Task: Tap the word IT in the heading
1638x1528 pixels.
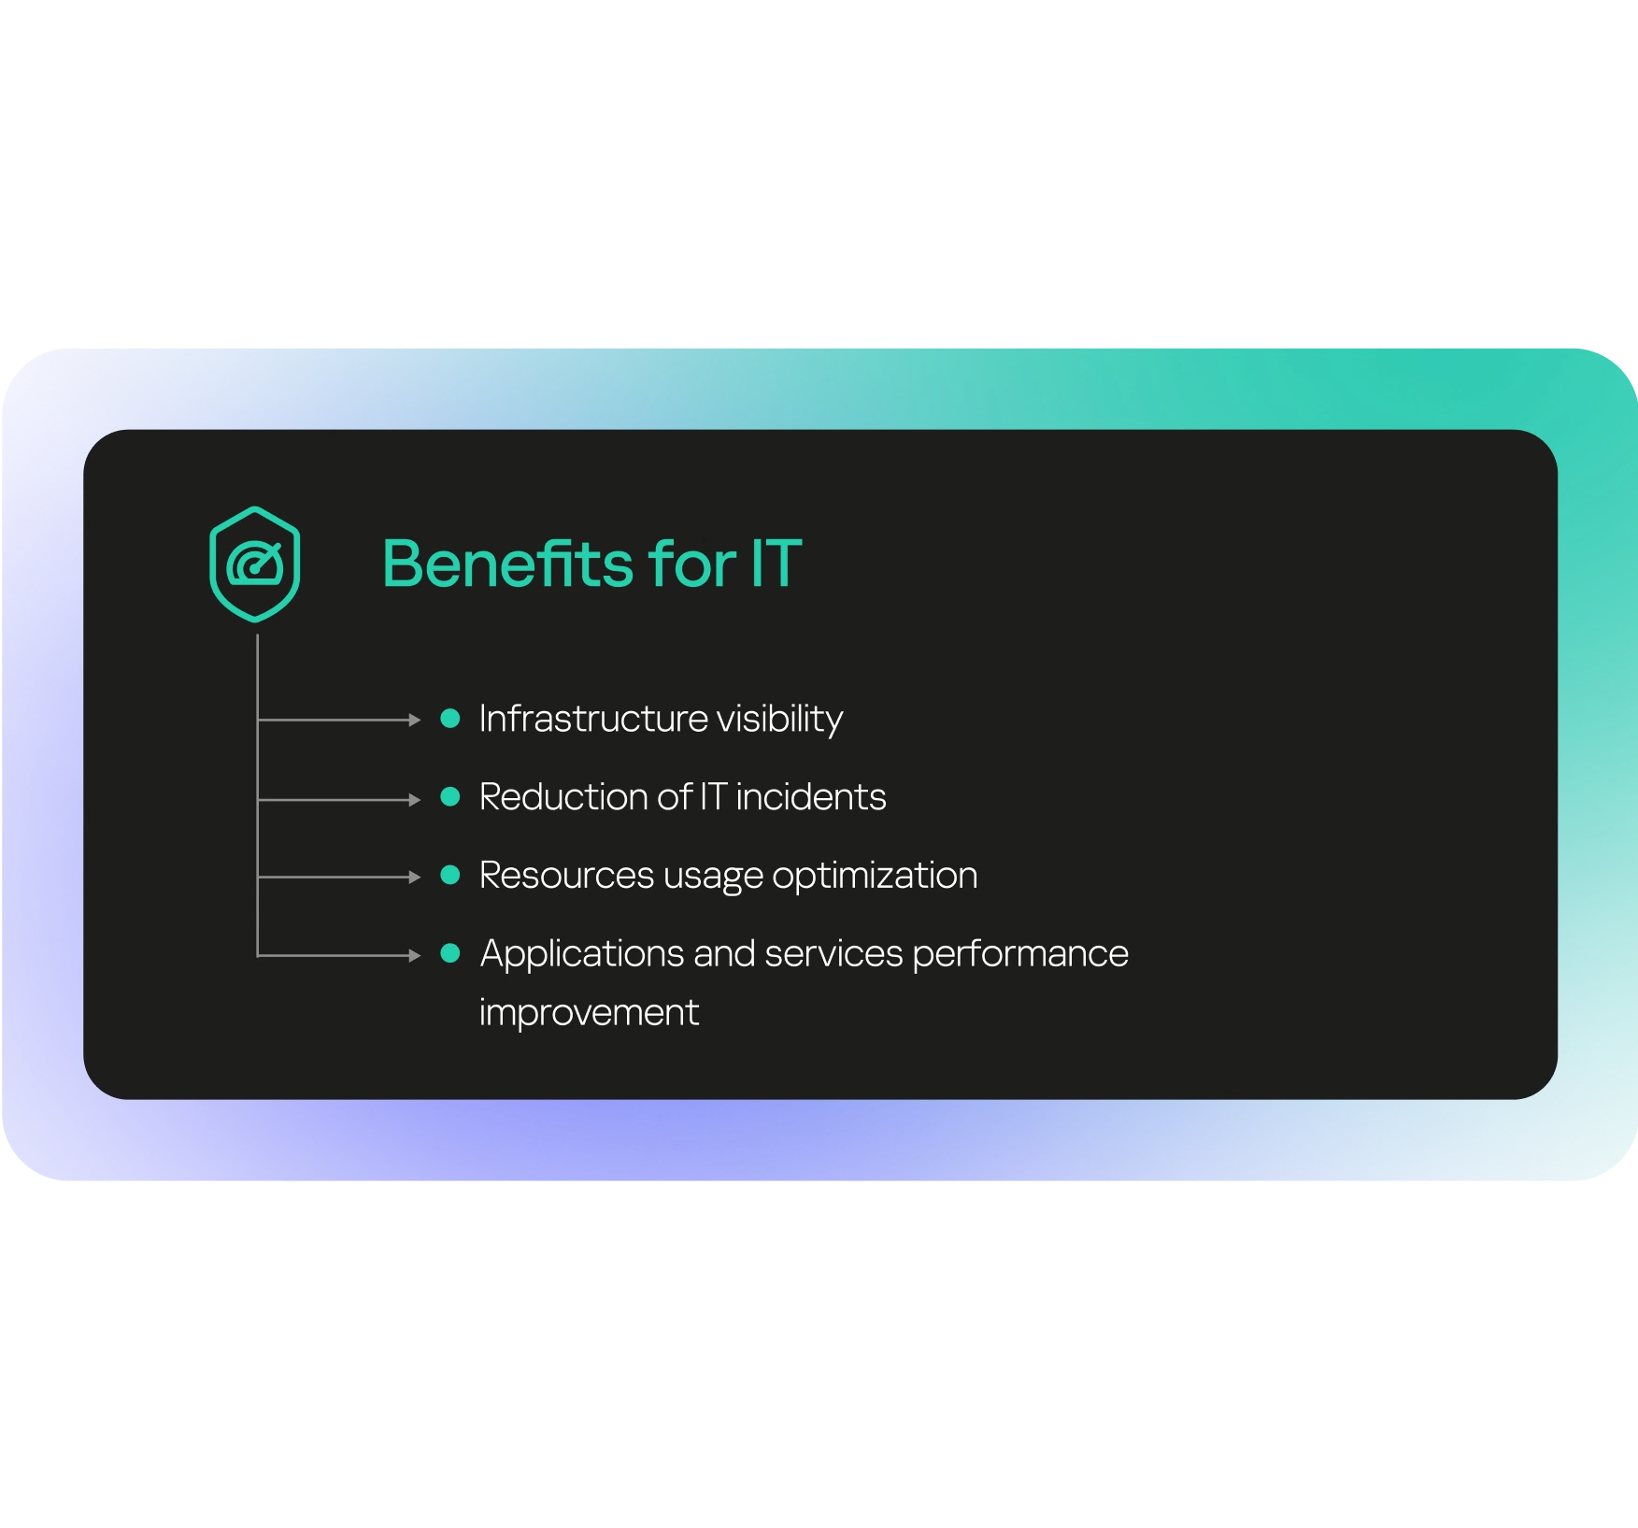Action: [776, 564]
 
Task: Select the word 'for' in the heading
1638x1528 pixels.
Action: [691, 564]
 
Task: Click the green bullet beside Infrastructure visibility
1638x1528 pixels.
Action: [450, 719]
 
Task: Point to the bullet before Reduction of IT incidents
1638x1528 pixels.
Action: [450, 797]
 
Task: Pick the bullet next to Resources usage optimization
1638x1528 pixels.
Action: [450, 875]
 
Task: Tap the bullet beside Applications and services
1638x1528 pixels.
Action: [450, 953]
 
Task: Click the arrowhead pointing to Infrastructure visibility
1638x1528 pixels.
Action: [415, 720]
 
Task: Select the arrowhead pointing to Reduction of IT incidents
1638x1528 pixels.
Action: [415, 800]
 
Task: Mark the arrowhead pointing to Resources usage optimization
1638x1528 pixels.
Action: [415, 878]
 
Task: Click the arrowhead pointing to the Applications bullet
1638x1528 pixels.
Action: [415, 955]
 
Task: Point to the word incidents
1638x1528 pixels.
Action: [811, 797]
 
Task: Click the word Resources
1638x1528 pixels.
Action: [566, 876]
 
